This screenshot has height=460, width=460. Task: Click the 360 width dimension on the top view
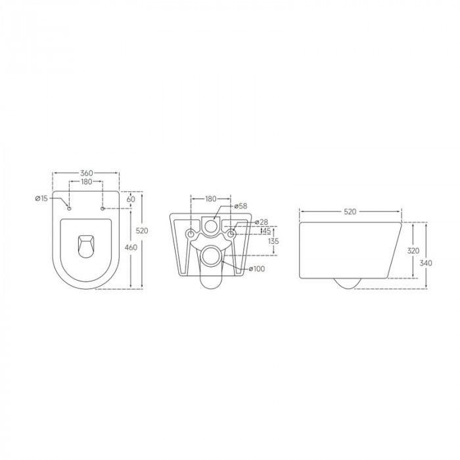click(85, 173)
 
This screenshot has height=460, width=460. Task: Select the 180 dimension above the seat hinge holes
click(85, 182)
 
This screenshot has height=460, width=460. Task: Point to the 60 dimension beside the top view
click(130, 198)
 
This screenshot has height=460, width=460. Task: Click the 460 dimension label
click(130, 247)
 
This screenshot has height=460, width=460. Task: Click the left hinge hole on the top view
click(69, 208)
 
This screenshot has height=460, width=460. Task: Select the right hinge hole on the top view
click(103, 208)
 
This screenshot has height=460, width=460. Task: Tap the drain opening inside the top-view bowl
click(85, 246)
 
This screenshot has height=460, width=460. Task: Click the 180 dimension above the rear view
click(210, 198)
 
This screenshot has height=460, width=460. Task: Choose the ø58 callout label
click(241, 206)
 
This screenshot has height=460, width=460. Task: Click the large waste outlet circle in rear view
click(210, 258)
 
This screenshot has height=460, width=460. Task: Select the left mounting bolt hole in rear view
click(191, 235)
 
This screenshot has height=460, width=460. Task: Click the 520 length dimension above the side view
click(350, 212)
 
